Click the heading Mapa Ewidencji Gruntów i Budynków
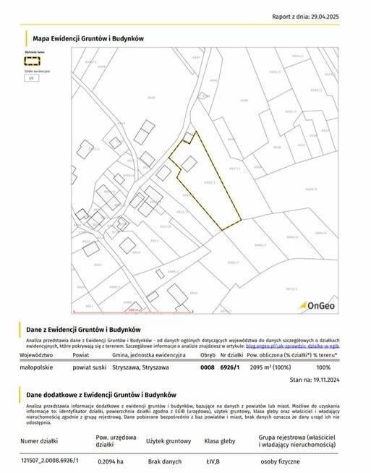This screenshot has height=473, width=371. click(89, 38)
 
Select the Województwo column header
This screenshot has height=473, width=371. click(37, 356)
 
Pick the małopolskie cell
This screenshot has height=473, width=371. click(37, 367)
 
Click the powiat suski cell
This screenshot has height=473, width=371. click(90, 367)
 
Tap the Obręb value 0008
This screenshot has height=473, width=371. click(208, 367)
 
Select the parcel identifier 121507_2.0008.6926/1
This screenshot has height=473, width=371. click(50, 461)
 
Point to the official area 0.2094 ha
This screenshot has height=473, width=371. click(110, 461)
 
